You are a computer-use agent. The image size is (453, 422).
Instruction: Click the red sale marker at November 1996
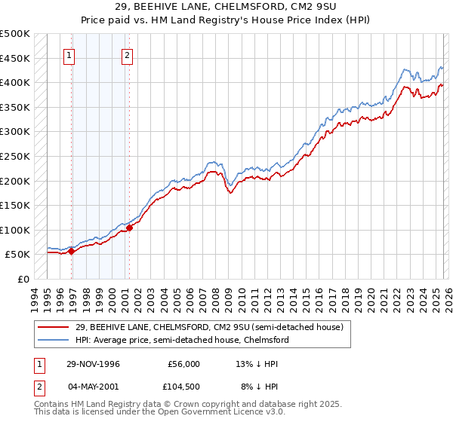tap(72, 252)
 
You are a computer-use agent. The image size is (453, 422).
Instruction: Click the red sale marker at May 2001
tap(129, 228)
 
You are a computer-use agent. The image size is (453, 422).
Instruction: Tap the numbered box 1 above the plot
tap(69, 55)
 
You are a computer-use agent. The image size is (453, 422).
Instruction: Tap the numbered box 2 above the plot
tap(126, 55)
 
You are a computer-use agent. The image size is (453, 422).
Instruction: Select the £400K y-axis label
tap(15, 82)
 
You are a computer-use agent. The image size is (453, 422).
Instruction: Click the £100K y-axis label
tap(15, 230)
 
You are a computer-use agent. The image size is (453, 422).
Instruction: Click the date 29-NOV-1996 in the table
tap(93, 364)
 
